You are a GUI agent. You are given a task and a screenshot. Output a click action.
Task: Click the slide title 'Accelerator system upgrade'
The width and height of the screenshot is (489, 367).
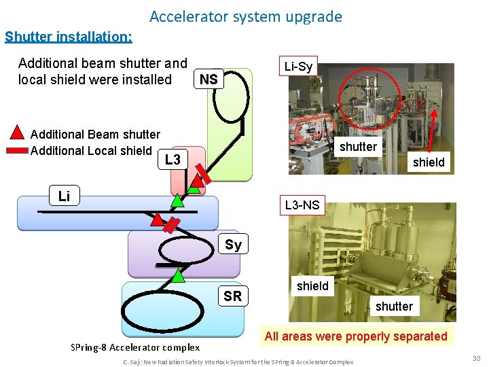245,16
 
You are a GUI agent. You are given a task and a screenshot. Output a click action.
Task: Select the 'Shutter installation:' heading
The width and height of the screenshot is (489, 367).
69,37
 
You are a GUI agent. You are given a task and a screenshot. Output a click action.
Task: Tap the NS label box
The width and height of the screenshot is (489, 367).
209,80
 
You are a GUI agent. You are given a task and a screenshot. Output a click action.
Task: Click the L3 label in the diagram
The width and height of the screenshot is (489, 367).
173,160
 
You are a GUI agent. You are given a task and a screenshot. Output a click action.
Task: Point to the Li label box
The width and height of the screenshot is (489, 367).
64,196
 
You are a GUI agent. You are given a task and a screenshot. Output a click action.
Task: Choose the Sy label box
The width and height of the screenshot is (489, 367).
233,245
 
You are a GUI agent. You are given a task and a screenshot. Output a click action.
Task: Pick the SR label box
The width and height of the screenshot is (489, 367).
232,296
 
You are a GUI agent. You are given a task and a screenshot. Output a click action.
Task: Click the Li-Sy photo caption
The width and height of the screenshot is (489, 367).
298,67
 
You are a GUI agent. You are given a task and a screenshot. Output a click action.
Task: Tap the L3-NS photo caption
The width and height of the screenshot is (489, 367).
302,205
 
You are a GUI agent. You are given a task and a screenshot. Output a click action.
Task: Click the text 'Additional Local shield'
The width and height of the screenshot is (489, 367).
91,151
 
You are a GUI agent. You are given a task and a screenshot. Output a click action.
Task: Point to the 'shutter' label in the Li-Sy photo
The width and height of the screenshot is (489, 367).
358,147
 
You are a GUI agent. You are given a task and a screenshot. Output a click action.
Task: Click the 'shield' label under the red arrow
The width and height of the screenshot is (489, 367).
429,162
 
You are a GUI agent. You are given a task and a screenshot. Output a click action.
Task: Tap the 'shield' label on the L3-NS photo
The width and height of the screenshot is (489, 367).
312,286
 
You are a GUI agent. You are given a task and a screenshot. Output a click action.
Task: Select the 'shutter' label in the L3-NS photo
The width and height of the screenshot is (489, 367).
394,307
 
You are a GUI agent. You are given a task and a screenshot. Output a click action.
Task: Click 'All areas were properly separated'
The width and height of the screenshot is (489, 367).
356,336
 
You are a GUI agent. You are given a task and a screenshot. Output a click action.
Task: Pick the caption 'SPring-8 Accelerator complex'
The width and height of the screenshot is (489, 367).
135,347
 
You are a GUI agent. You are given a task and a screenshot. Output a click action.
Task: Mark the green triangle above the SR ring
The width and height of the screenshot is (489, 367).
178,276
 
